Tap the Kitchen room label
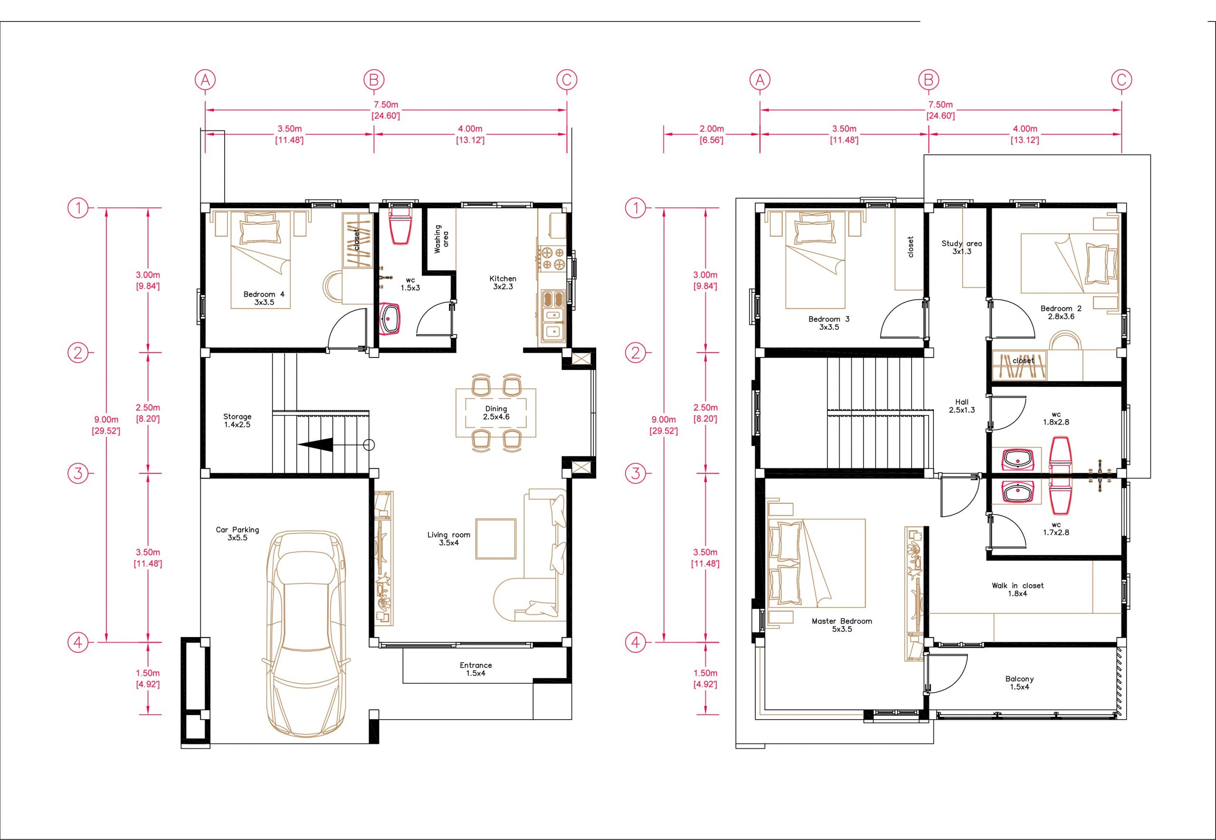click(x=503, y=283)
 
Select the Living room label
click(x=448, y=539)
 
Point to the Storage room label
click(x=237, y=420)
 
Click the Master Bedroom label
click(x=842, y=625)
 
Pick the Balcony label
click(x=1019, y=683)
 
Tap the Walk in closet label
click(x=1018, y=589)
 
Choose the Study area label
click(x=961, y=247)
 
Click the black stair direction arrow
click(x=315, y=445)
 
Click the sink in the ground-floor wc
click(x=390, y=318)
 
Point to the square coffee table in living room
click(x=496, y=539)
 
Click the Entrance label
click(x=475, y=669)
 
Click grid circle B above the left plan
click(x=373, y=80)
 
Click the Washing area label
click(x=441, y=239)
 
